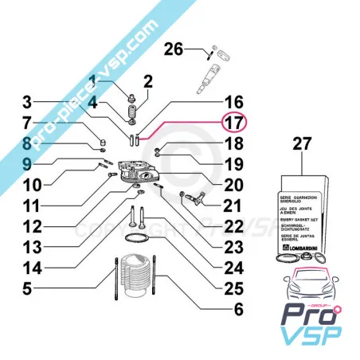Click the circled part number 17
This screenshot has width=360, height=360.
tap(233, 123)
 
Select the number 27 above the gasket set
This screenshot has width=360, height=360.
tap(301, 146)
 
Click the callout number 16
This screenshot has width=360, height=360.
tap(233, 103)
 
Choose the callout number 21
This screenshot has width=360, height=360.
tap(233, 206)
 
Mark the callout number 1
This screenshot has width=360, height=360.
tap(93, 80)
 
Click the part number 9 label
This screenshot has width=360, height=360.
tap(27, 165)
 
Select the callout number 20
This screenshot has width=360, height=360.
tap(233, 185)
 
